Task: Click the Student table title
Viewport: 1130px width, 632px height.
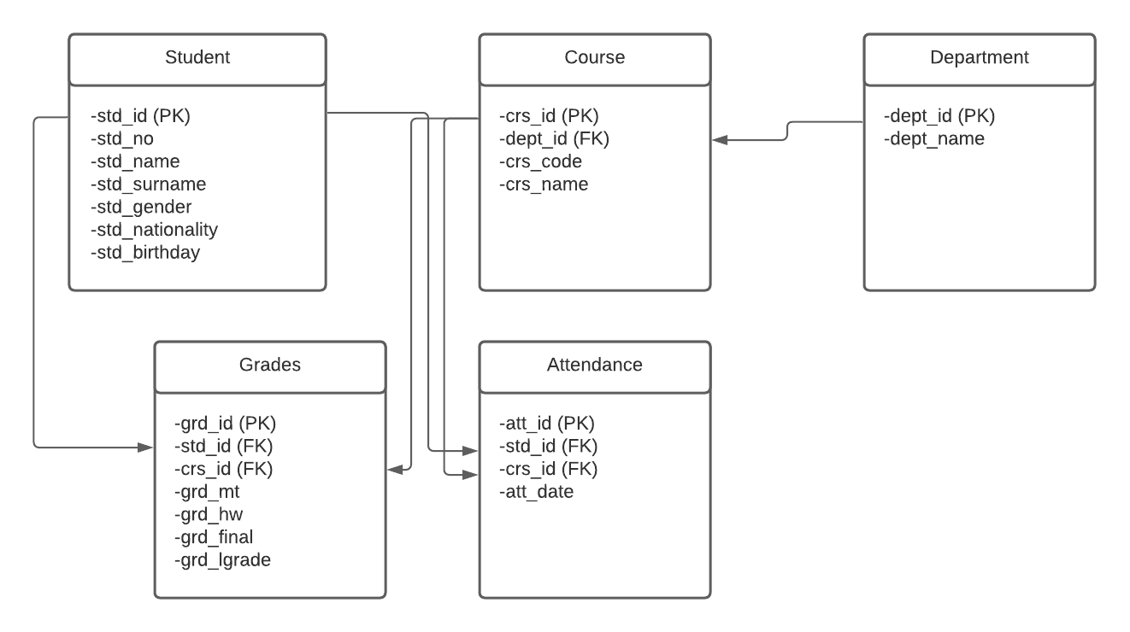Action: pos(197,58)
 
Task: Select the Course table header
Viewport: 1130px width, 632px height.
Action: pos(594,58)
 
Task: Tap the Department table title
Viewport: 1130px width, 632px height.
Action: pos(979,58)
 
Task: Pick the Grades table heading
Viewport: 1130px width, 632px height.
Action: pos(269,366)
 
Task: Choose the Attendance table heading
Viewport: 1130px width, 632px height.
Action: pos(594,366)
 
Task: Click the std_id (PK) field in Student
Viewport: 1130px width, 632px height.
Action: pos(139,115)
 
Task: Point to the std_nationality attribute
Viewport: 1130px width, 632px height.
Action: pos(154,230)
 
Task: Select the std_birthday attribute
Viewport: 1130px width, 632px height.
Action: pos(144,253)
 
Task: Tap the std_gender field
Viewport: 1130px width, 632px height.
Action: pos(140,207)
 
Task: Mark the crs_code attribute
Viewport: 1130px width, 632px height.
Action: pos(540,161)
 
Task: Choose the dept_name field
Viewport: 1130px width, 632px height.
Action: pos(934,138)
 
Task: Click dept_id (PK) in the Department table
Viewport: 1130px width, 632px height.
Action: pos(939,115)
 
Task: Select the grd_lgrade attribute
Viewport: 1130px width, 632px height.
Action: pos(222,560)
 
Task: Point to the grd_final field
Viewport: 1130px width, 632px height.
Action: pos(213,537)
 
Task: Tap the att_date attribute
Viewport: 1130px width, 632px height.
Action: pos(536,492)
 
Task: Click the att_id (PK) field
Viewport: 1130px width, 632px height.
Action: pos(546,423)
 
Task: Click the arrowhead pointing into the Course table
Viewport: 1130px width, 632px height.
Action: pos(720,139)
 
